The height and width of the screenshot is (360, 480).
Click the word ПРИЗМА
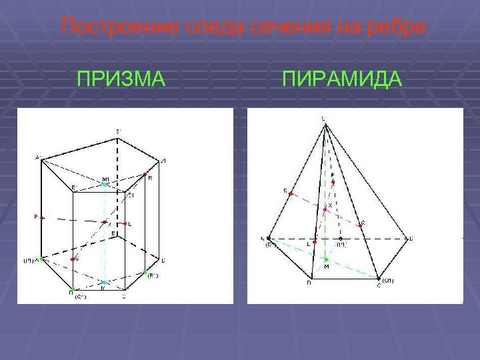click(x=121, y=80)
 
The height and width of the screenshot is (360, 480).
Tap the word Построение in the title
click(x=103, y=28)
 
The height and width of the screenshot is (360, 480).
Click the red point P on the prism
click(x=41, y=217)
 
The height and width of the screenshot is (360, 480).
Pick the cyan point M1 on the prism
click(x=104, y=184)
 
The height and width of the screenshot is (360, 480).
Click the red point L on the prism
click(x=125, y=223)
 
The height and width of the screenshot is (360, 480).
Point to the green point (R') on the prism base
click(x=146, y=272)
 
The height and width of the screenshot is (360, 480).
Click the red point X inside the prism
click(x=105, y=223)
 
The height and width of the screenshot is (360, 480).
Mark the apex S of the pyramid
click(x=324, y=120)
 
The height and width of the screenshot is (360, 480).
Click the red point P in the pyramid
click(x=333, y=181)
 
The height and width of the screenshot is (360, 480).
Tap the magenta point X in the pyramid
click(x=325, y=209)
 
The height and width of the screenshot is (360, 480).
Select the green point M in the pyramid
click(x=325, y=259)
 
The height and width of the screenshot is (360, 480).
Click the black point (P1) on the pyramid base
click(x=340, y=237)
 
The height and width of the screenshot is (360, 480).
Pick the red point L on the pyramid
click(x=315, y=238)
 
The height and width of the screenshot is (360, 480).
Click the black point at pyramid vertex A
click(x=268, y=237)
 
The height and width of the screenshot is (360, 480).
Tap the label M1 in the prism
click(x=105, y=178)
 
